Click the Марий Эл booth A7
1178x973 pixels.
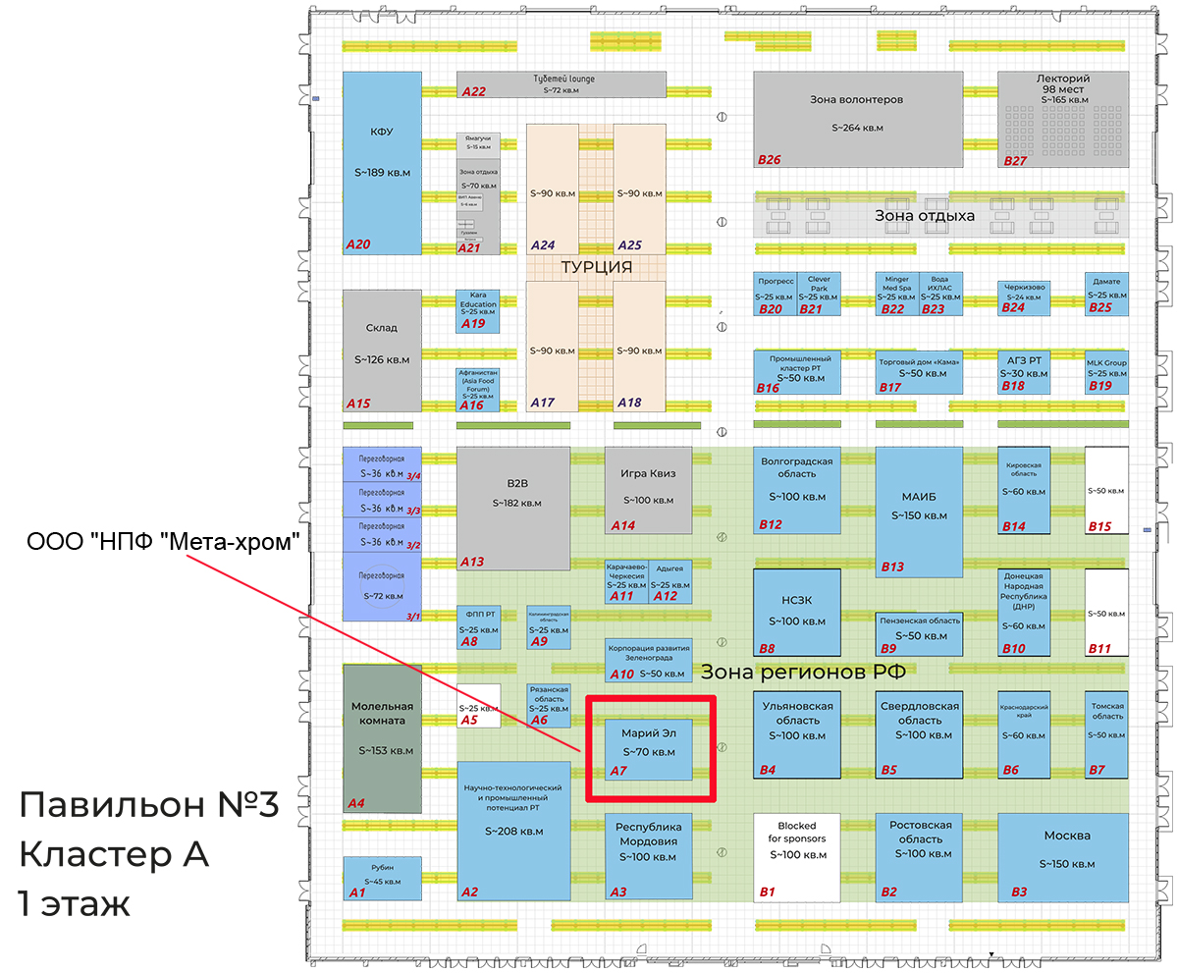point(649,749)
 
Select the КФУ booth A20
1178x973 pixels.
point(382,163)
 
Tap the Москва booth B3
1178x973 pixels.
point(1063,856)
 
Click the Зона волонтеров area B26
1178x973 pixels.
point(857,119)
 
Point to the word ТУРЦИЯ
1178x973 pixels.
point(596,267)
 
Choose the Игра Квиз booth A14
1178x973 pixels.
point(649,490)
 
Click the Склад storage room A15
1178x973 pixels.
point(382,351)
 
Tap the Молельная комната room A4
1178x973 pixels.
point(382,737)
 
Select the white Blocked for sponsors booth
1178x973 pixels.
point(797,857)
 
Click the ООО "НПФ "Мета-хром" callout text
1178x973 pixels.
point(162,542)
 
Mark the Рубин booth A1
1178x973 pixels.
point(382,878)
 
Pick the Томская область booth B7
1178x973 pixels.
point(1106,733)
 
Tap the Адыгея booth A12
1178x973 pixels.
point(671,582)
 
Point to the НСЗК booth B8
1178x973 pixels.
point(796,612)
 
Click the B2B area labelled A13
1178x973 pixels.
point(513,509)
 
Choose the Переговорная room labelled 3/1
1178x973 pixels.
point(382,587)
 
